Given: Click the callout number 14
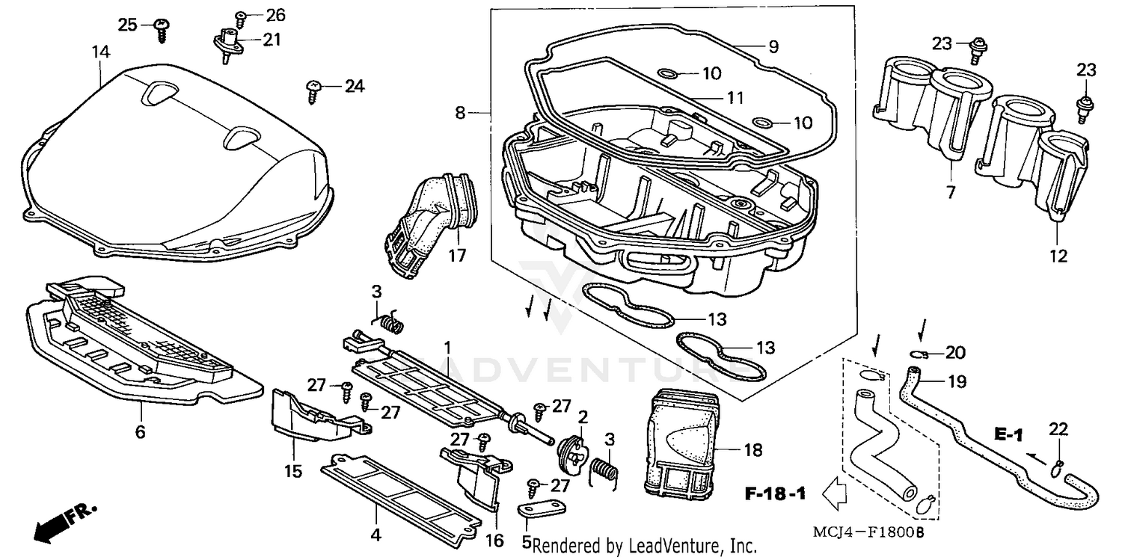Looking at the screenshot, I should click(101, 52).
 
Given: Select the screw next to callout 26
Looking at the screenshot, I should click(241, 16).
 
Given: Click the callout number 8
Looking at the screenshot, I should click(460, 113).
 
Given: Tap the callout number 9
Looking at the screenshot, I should click(773, 47).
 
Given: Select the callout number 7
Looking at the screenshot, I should click(951, 192).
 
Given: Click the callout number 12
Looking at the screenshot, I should click(1058, 256).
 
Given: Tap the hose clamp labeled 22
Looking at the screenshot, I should click(1058, 469).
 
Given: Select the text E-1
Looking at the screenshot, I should click(1008, 434).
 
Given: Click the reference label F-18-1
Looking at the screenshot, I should click(775, 494).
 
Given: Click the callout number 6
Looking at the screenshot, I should click(141, 431).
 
